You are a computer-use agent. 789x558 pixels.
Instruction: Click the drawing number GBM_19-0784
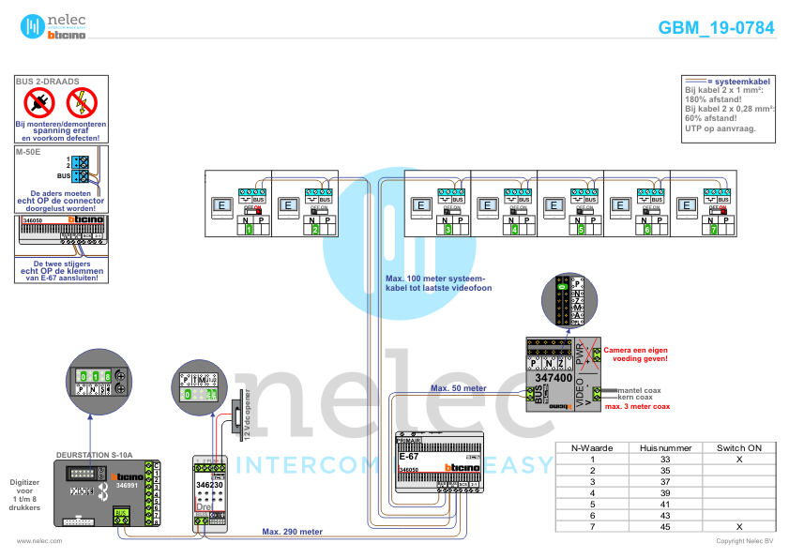716,28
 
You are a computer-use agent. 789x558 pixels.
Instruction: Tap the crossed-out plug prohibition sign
39,101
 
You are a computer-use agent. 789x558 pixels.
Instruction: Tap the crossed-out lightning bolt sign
83,101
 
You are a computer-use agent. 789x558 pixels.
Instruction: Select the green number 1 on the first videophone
250,229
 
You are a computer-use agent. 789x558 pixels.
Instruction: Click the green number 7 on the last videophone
714,229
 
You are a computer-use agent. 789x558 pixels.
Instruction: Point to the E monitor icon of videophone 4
486,205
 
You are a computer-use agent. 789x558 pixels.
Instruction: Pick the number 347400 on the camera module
554,378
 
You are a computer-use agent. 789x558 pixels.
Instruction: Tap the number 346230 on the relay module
209,485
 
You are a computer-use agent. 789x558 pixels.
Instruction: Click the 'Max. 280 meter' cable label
292,532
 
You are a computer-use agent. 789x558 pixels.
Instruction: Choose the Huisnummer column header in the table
665,448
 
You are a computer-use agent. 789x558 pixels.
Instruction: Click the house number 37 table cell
665,481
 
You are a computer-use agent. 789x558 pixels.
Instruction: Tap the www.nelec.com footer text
39,541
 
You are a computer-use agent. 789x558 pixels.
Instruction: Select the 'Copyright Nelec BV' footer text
744,541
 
